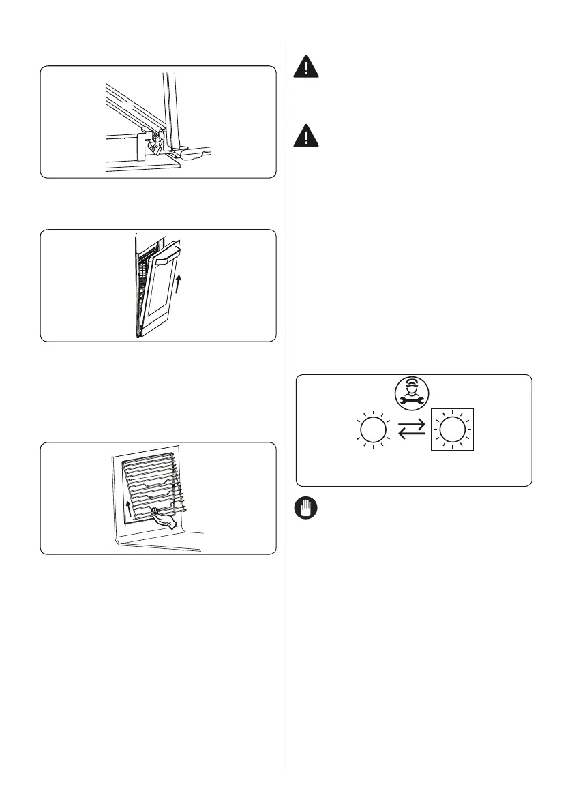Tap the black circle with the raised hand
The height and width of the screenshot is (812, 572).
[305, 509]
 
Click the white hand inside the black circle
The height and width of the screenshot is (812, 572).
[305, 509]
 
